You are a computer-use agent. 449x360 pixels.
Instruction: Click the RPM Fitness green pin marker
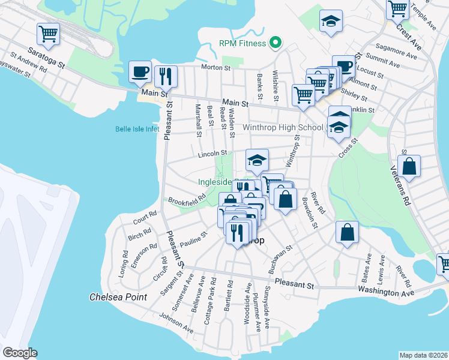tap(276, 43)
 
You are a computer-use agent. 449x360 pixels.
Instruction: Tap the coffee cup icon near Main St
tap(140, 72)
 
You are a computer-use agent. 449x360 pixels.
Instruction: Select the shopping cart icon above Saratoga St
tap(48, 34)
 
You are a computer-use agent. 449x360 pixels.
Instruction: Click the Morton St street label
tap(216, 68)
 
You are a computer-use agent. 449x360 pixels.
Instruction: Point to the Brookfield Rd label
tap(187, 200)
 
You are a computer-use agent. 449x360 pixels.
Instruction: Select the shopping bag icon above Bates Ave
tap(348, 233)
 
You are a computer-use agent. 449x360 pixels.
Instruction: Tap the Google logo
tap(19, 353)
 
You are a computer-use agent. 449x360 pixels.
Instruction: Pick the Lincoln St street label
tap(211, 155)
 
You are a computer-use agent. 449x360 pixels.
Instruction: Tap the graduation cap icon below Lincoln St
tap(257, 160)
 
